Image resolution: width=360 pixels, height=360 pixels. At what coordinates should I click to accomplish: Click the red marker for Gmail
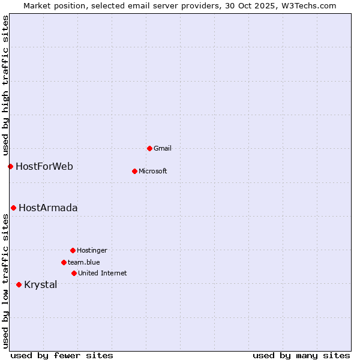(x=149, y=148)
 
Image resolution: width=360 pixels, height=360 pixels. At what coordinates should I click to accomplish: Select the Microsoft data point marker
(x=134, y=171)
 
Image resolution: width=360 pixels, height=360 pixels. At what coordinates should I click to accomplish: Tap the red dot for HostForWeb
(x=10, y=166)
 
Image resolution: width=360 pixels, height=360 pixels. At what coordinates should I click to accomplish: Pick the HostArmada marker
(x=13, y=208)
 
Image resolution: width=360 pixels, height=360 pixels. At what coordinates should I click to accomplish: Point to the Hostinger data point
(x=73, y=250)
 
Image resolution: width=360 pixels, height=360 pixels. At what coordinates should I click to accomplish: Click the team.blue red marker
(x=64, y=262)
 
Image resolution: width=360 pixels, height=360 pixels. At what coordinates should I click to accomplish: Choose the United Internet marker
(x=74, y=273)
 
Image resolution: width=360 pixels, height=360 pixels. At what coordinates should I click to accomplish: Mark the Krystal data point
(x=19, y=284)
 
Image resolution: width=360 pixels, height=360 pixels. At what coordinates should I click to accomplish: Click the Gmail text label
(x=163, y=148)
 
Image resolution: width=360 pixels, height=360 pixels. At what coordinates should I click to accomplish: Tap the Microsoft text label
(x=153, y=171)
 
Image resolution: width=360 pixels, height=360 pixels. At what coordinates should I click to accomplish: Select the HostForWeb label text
(x=44, y=166)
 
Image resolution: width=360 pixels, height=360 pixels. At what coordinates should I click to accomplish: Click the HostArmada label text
(x=48, y=208)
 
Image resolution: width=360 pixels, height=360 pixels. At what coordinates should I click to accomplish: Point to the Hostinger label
(x=92, y=250)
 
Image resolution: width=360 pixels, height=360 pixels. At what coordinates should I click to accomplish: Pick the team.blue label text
(x=84, y=262)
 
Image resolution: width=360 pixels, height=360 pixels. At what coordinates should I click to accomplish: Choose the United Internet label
(x=103, y=273)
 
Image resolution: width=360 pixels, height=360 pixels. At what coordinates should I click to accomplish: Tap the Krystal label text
(x=41, y=284)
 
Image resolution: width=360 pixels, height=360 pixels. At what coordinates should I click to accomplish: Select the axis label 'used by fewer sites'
(x=62, y=355)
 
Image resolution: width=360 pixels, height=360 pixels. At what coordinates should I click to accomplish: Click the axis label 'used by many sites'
(x=301, y=355)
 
